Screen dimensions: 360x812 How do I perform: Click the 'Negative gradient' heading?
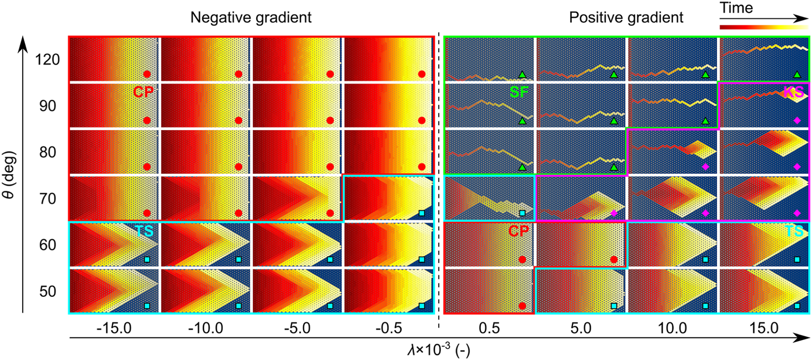coord(251,17)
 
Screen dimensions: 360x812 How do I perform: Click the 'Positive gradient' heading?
coord(626,17)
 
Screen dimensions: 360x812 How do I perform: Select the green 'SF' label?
coord(522,93)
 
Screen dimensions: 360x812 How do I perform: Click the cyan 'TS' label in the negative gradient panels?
coord(144,231)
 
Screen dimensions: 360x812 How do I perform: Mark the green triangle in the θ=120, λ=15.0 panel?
coord(797,74)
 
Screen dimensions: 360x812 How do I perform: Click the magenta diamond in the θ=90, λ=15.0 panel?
coord(797,121)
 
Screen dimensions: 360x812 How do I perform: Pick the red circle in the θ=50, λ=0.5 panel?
coord(522,306)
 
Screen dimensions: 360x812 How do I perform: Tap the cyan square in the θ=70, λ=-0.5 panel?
coord(422,213)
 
